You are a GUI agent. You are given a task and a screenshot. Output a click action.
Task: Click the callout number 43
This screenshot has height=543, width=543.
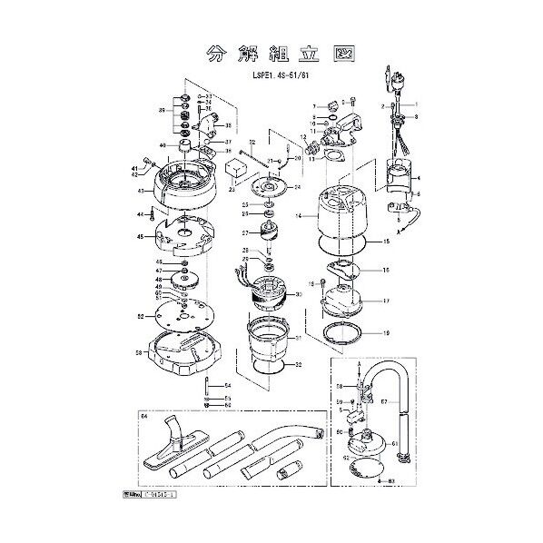click(x=142, y=191)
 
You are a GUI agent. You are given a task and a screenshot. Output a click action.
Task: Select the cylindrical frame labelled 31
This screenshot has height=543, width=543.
click(x=267, y=338)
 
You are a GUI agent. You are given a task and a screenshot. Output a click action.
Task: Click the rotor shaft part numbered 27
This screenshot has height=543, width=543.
click(x=269, y=234)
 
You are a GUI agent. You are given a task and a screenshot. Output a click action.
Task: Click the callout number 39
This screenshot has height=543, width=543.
click(x=161, y=110)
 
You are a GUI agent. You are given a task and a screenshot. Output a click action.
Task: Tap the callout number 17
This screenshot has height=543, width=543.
click(x=385, y=301)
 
